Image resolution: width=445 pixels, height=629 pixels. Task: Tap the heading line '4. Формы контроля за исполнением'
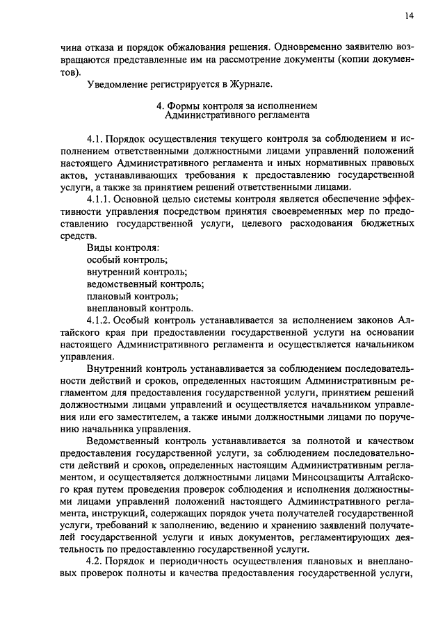[236, 106]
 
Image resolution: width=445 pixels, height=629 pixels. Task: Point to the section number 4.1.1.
[102, 199]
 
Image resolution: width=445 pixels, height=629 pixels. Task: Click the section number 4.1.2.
[102, 320]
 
